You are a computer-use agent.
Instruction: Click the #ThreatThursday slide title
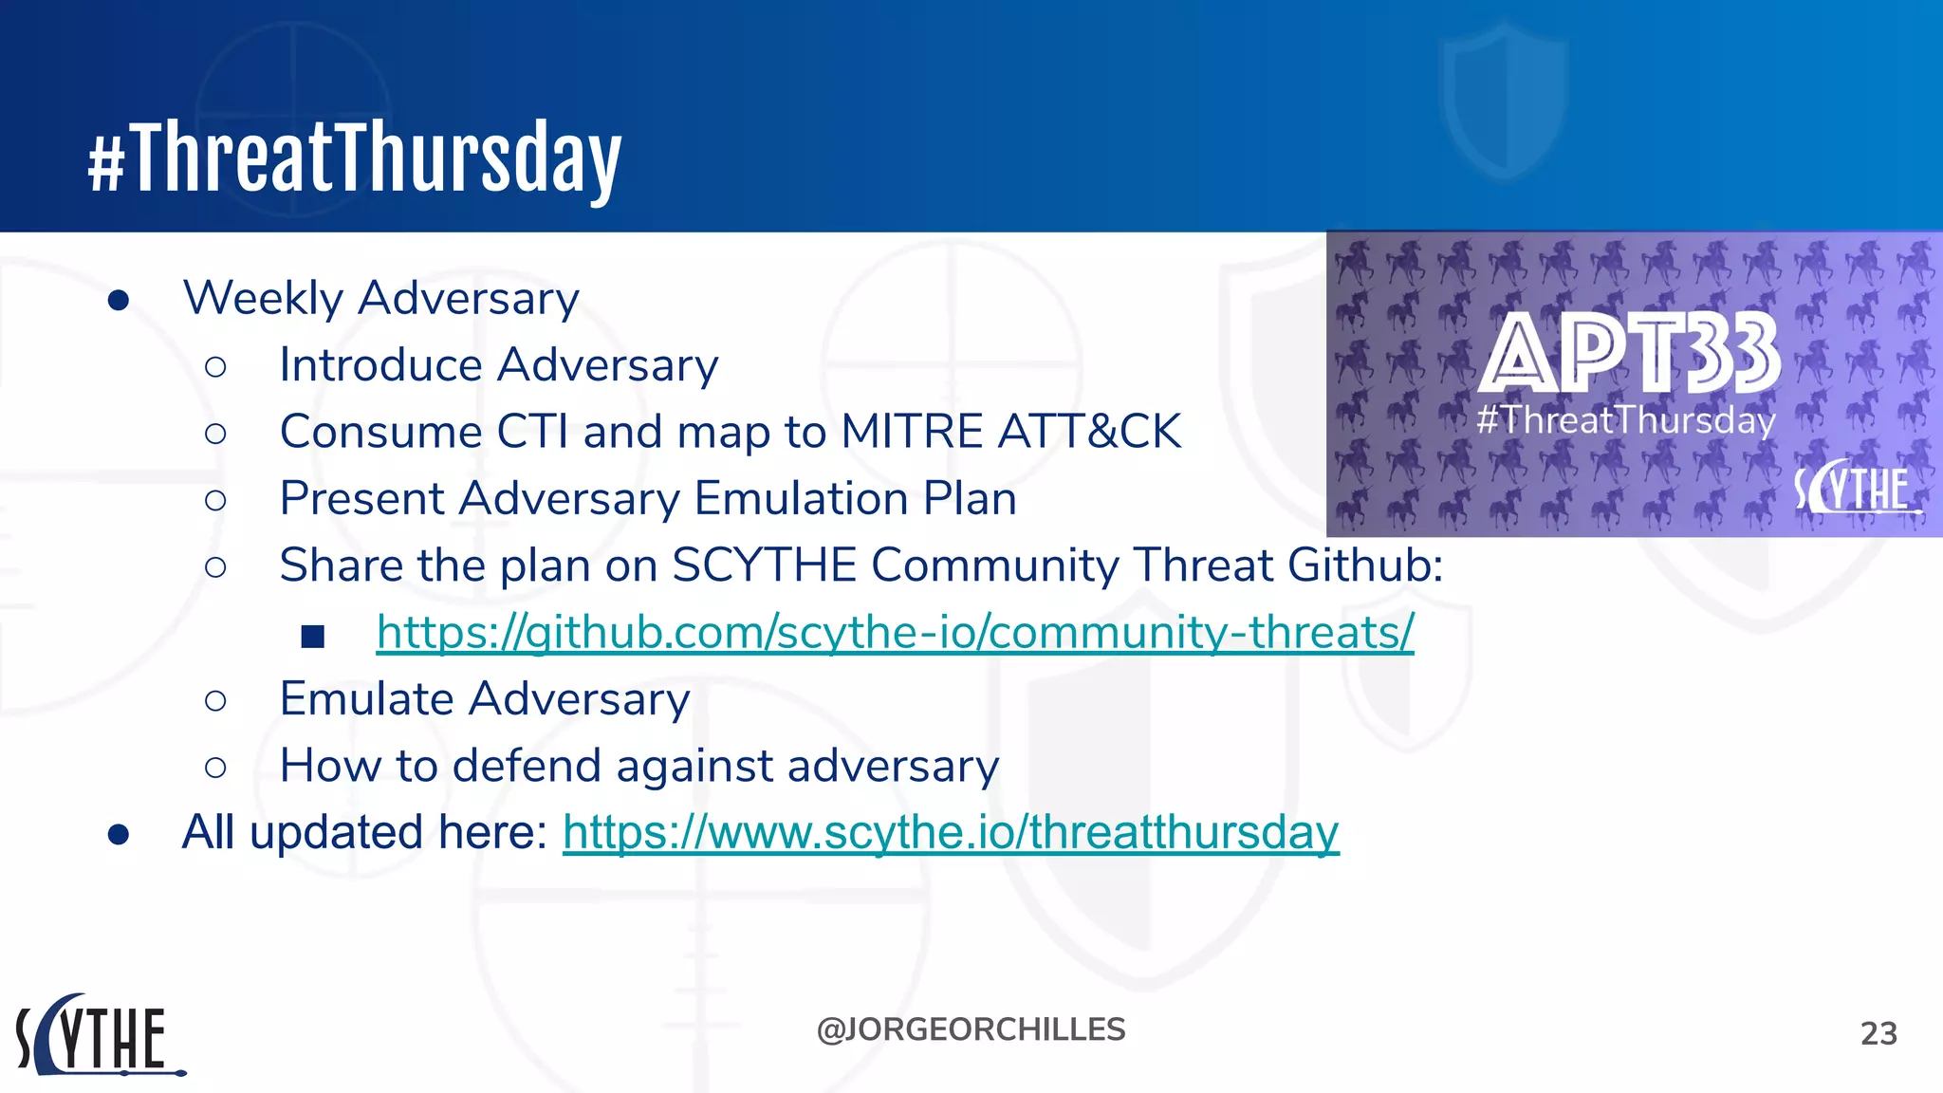tap(355, 157)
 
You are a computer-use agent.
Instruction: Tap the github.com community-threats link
tap(895, 632)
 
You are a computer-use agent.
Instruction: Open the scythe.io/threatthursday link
tap(951, 833)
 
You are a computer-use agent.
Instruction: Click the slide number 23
tap(1878, 1033)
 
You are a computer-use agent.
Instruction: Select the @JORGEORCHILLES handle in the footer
tap(971, 1029)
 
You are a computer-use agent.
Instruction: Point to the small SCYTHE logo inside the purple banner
tap(1855, 488)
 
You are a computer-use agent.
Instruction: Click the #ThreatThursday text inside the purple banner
tap(1625, 419)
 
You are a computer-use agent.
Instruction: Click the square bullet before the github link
tap(313, 636)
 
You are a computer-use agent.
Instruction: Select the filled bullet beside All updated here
tap(119, 834)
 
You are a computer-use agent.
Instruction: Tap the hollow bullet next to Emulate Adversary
tap(215, 701)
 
